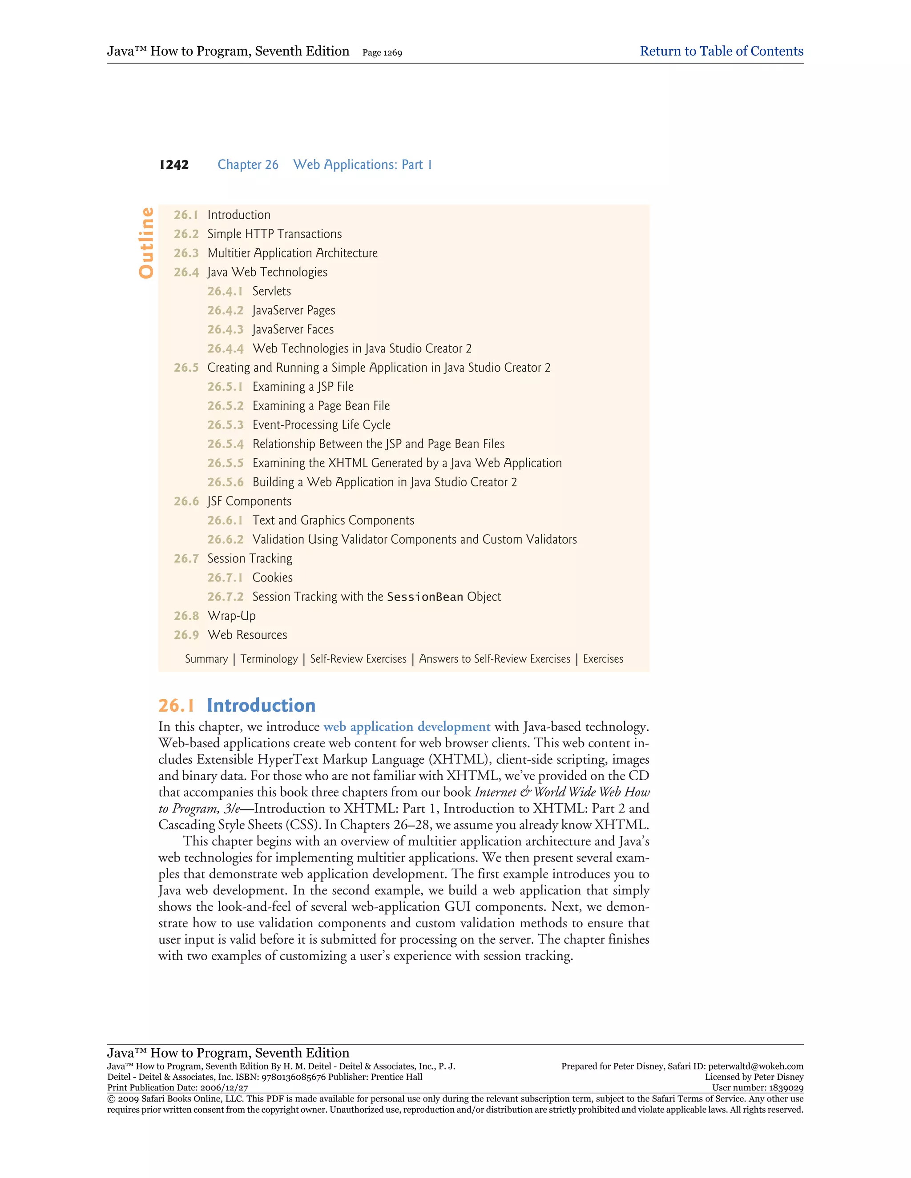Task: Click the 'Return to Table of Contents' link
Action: (721, 51)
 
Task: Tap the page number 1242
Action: (174, 165)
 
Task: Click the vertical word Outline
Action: (146, 243)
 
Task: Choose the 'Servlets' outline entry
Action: (271, 291)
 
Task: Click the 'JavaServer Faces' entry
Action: (293, 329)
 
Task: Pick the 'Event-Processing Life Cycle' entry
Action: (321, 425)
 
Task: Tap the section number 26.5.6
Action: (225, 482)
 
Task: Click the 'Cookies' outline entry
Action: (273, 578)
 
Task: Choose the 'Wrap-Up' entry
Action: (231, 616)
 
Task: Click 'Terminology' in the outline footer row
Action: (269, 659)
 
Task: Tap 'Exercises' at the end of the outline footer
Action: (603, 659)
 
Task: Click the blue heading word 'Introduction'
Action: (261, 705)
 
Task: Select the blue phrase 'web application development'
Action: (407, 727)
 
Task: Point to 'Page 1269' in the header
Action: (382, 53)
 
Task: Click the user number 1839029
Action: (785, 1088)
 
